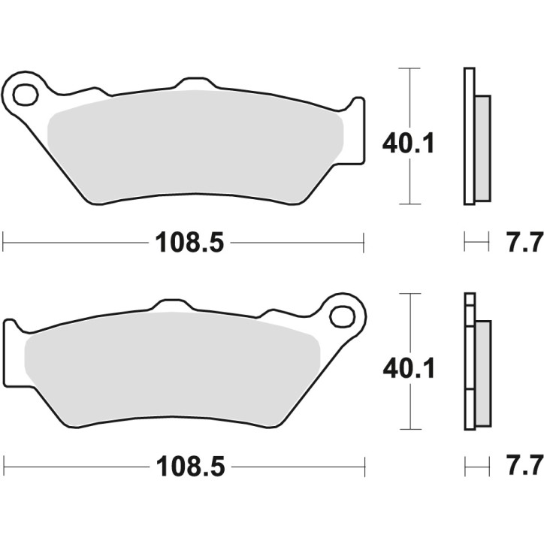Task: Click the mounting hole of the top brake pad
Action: (25, 95)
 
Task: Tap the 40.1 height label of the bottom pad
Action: (409, 367)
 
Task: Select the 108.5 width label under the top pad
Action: (189, 243)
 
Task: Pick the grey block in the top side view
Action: (482, 147)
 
